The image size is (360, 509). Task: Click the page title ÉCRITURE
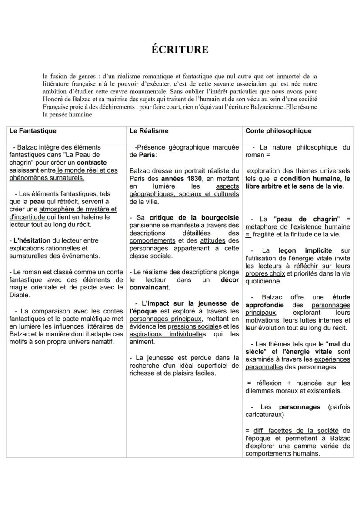pos(180,50)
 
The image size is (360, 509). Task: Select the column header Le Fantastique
pos(33,130)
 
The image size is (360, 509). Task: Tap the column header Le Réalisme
pos(149,130)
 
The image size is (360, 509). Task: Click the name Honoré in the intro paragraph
pos(53,99)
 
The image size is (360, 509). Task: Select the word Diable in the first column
pos(20,295)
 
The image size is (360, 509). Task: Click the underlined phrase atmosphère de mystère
pos(78,209)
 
